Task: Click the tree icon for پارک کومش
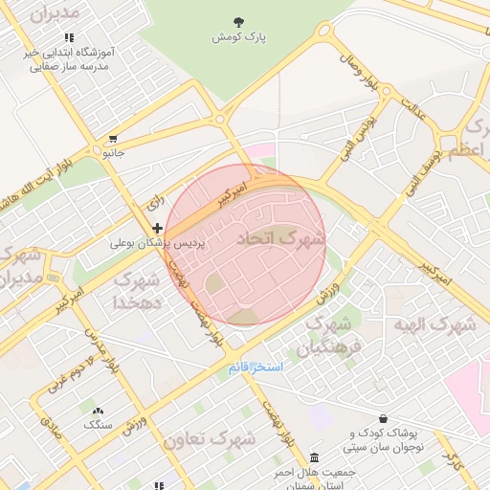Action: click(x=238, y=21)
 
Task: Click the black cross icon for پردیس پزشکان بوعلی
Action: click(x=158, y=228)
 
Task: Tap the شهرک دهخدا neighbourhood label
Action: click(x=137, y=291)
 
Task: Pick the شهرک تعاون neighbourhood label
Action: click(x=210, y=439)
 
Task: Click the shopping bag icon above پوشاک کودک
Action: click(x=384, y=419)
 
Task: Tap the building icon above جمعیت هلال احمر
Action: click(x=316, y=456)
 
